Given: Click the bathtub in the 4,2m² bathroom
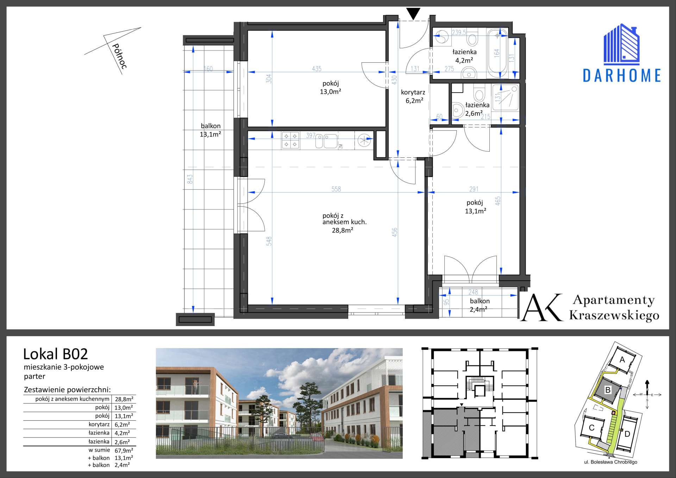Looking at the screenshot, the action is click(x=497, y=53).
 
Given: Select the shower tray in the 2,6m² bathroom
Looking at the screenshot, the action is click(x=506, y=98).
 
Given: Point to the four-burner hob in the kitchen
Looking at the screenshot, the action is click(x=290, y=140).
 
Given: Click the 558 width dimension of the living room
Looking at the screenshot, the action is click(x=336, y=189).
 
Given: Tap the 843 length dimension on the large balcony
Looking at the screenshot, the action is click(x=190, y=179).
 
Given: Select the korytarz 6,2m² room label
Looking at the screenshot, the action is click(x=413, y=96).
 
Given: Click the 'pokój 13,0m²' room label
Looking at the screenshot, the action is click(x=331, y=87).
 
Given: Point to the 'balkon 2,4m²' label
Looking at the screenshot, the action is click(x=479, y=305).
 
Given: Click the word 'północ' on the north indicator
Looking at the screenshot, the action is click(x=119, y=56).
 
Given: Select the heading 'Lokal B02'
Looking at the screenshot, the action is click(x=56, y=354).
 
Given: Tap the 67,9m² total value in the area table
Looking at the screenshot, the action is click(x=124, y=450).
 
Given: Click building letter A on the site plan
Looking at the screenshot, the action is click(x=622, y=360).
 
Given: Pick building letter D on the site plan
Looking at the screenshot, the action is click(x=627, y=434).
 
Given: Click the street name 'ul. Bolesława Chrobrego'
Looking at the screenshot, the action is click(x=611, y=462).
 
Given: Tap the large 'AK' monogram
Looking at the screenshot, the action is click(x=542, y=307).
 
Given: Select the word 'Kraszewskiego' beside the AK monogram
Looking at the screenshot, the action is click(x=614, y=315).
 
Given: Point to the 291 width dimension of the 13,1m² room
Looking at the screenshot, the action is click(x=474, y=189).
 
